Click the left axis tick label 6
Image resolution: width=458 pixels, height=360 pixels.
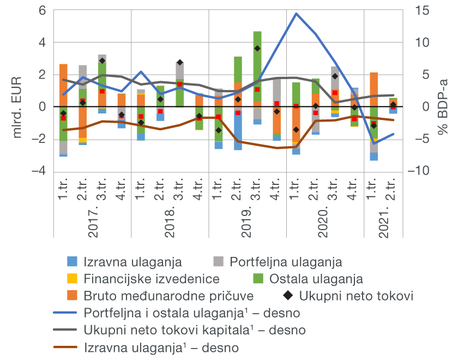pos(43,11)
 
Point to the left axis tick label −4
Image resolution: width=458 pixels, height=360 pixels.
pos(40,171)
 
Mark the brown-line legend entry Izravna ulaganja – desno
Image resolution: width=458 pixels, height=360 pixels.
pos(162,347)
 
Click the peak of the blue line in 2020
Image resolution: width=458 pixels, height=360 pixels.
pos(296,13)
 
